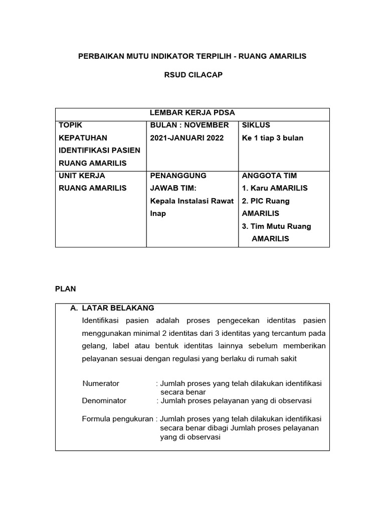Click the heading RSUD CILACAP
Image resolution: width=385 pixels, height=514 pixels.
coord(192,75)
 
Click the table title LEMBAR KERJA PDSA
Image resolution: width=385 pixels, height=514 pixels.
coord(192,112)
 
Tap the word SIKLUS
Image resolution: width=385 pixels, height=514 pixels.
coord(256,125)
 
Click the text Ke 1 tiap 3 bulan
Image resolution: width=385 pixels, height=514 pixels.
coord(273,138)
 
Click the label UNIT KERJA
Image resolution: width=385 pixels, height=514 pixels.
coord(82,176)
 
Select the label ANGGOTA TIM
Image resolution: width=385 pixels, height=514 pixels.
coord(269,176)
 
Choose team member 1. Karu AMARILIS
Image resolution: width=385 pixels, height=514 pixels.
coord(275,188)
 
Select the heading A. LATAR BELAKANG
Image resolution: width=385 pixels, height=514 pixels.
coord(112,308)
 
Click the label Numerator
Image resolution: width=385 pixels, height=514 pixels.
coord(101,383)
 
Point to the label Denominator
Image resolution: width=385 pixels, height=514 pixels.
coord(104,401)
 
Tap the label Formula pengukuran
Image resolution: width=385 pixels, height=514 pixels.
coord(118,419)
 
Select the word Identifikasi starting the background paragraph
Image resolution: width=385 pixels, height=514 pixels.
coord(104,320)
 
